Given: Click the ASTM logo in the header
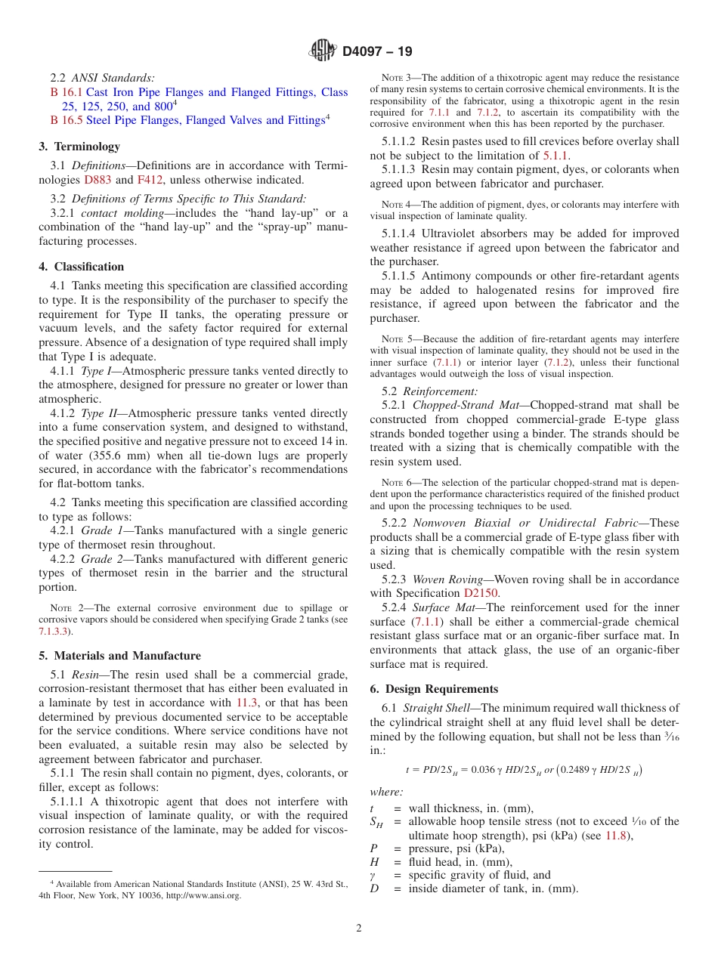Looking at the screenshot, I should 323,51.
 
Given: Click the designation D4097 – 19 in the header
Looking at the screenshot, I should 377,52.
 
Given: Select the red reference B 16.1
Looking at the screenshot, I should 66,92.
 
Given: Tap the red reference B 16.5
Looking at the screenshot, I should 66,120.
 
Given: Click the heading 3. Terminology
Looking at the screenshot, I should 79,147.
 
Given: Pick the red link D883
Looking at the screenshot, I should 96,180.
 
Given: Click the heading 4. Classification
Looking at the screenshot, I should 82,267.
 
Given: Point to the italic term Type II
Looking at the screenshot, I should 97,413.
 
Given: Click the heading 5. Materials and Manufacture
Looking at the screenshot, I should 120,656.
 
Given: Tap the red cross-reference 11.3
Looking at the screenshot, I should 247,703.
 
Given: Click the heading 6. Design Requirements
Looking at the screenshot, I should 434,689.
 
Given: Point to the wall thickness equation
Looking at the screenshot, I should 525,770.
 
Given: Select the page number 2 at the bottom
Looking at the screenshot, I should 359,929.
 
